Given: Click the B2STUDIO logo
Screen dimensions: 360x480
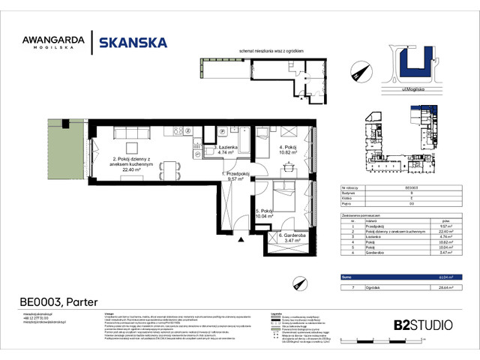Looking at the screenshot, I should coord(422,325).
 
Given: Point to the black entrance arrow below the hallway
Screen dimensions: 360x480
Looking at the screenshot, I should coord(240,240).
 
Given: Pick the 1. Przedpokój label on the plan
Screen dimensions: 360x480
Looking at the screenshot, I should coord(235,176).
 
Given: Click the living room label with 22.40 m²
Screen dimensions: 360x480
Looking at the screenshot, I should coord(139,165).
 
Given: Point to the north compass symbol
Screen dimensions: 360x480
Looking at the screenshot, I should coord(355,73).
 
